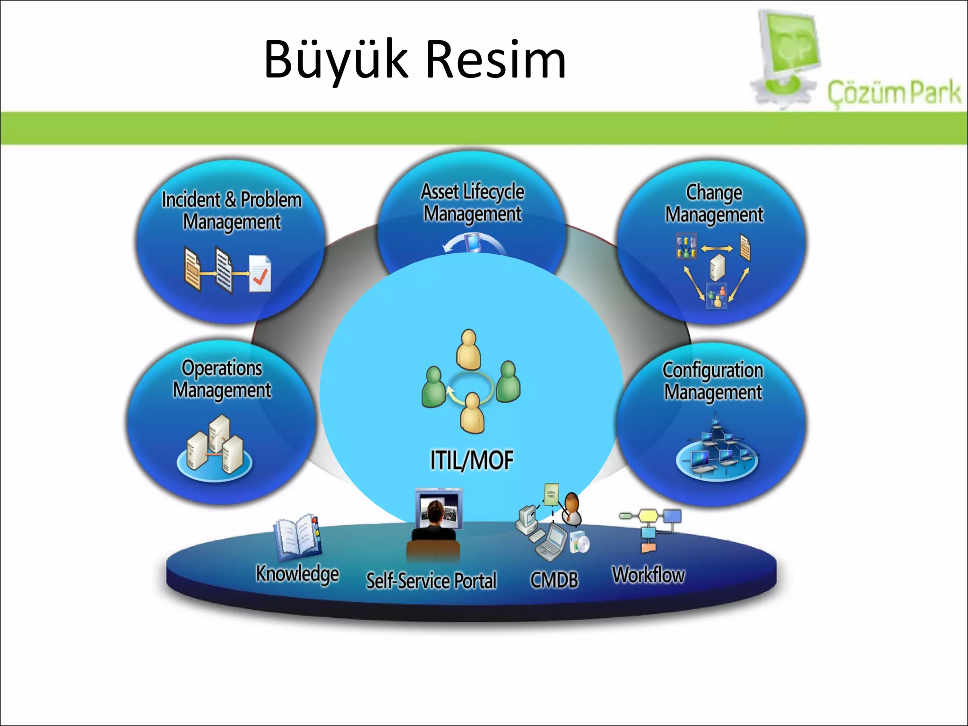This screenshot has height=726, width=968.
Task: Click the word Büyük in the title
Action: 336,60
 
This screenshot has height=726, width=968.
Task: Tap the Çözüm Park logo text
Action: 894,93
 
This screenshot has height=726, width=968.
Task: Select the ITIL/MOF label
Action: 471,460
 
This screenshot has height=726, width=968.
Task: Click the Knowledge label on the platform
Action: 297,574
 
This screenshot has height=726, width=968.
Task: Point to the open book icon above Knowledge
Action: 297,536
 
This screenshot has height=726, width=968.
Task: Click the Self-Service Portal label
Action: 432,580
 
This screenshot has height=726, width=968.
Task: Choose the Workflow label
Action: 648,575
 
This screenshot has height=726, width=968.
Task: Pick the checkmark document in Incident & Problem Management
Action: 260,274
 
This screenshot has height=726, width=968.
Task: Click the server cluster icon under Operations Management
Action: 215,447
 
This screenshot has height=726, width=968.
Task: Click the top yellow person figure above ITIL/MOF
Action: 468,349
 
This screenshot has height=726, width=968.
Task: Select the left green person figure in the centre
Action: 433,387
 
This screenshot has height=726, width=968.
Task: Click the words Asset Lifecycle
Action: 473,192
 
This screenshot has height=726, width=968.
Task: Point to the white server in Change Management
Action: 717,267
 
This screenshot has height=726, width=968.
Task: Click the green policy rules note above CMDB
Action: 551,494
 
